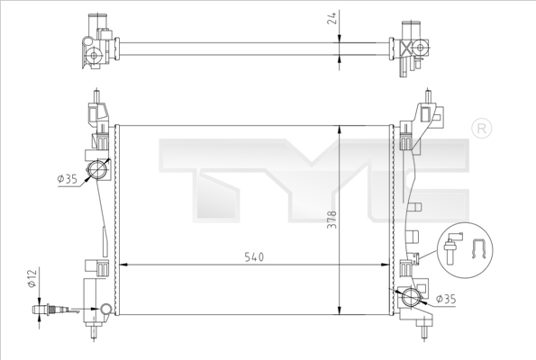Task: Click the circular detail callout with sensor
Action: [466, 247]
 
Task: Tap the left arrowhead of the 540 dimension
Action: [123, 265]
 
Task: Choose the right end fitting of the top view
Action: [411, 45]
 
